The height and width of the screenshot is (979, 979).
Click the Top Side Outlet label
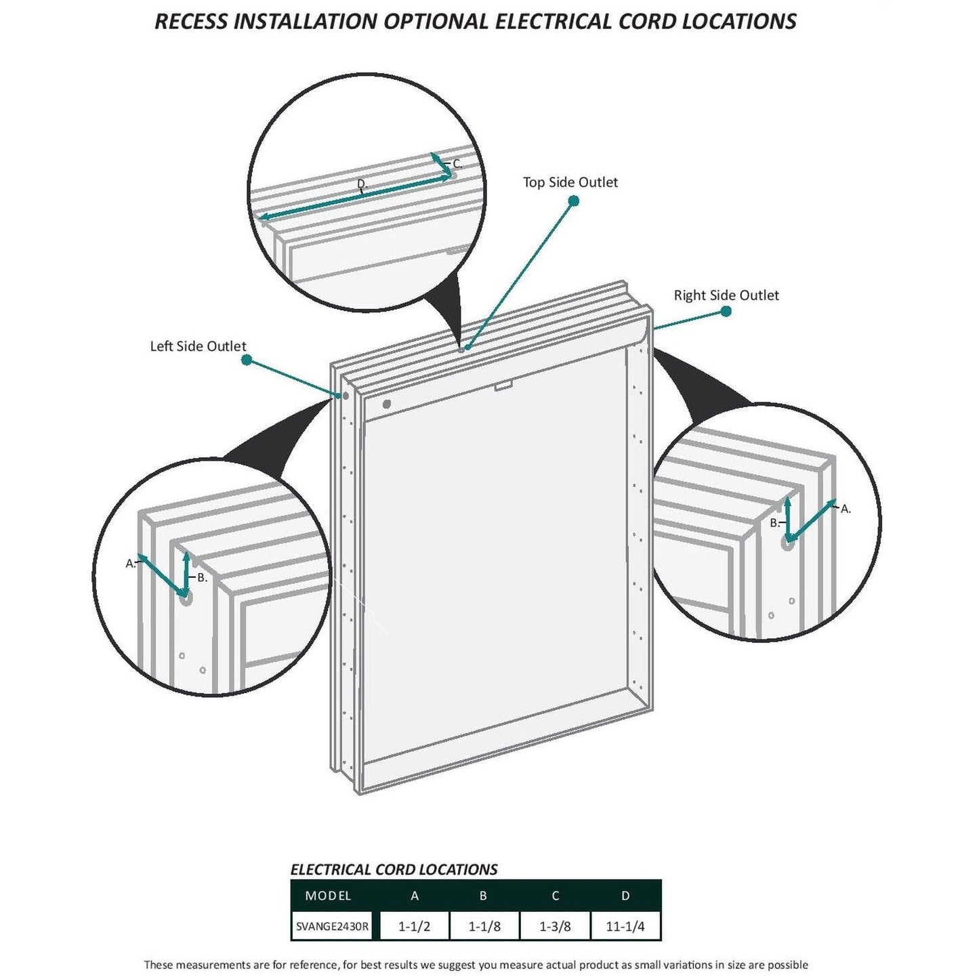(x=570, y=182)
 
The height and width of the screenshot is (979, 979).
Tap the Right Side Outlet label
(x=726, y=295)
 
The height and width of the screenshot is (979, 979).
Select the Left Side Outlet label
(x=198, y=346)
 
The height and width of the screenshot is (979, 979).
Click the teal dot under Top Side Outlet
(x=573, y=201)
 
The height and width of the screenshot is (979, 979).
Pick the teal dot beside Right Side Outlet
(x=726, y=312)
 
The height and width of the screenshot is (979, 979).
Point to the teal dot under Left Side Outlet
(x=247, y=361)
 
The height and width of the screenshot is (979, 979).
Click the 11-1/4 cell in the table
(x=625, y=926)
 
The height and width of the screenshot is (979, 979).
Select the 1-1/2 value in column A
(x=413, y=926)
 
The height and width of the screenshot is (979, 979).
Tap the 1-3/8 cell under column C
(x=554, y=926)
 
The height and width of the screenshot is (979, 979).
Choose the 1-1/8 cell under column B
(x=484, y=926)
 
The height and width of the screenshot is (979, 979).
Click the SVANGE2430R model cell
(x=333, y=926)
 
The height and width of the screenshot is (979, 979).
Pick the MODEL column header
(x=328, y=896)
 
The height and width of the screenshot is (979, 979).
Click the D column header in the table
(x=625, y=896)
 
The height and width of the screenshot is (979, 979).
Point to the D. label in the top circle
(x=362, y=184)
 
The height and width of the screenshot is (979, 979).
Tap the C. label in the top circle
(x=457, y=164)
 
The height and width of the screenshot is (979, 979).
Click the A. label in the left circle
(x=130, y=563)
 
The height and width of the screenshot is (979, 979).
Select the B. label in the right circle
(x=774, y=523)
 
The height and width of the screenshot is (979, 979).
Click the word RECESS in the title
(x=192, y=21)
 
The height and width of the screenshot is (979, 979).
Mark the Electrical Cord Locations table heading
(x=394, y=869)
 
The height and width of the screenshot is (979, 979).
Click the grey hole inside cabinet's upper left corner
(x=387, y=404)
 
